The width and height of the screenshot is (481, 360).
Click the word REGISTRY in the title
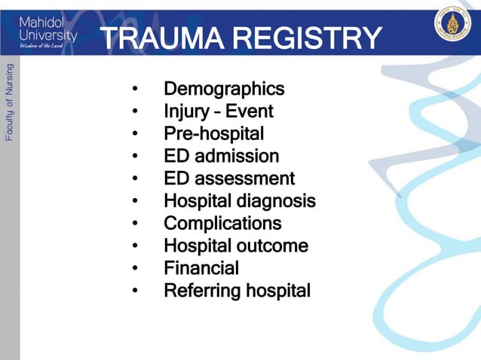point(308,38)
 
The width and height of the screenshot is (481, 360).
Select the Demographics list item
point(224,90)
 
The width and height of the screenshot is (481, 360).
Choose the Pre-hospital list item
point(213,134)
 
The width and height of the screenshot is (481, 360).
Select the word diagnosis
point(278,201)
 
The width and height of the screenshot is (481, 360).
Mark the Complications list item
point(222,224)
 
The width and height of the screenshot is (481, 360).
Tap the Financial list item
point(201,268)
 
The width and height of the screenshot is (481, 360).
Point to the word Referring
point(198,291)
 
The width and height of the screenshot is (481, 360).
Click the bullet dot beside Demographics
point(134,90)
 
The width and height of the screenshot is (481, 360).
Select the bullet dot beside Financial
point(134,268)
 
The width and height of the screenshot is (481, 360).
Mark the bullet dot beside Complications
point(134,224)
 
